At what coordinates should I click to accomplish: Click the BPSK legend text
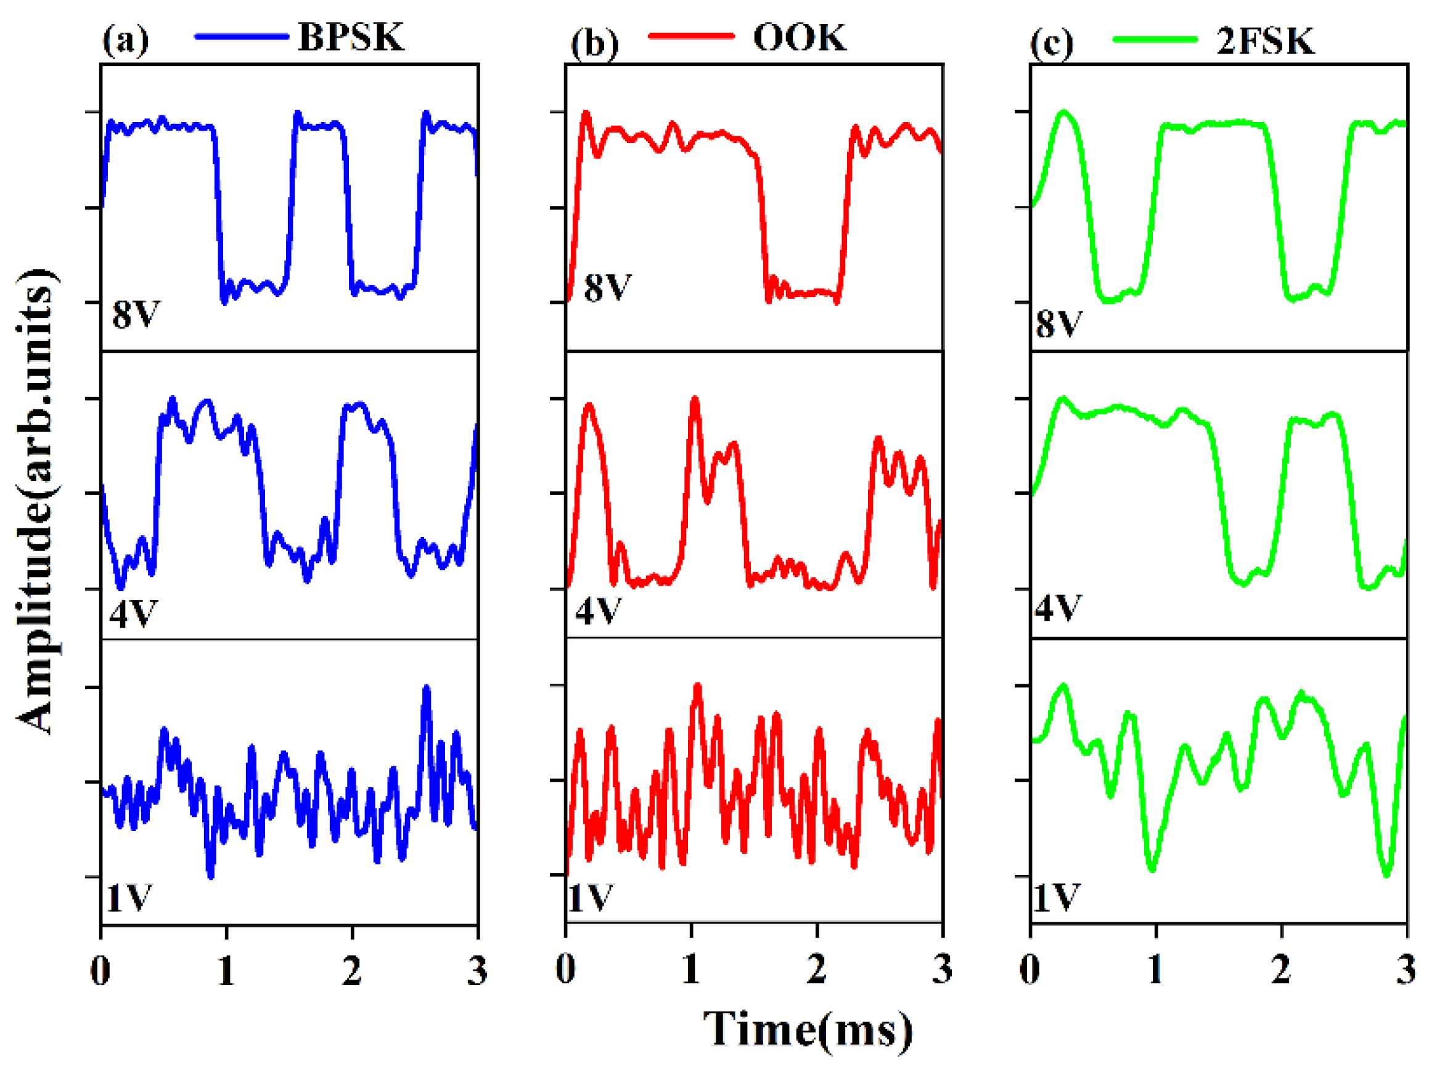(x=351, y=37)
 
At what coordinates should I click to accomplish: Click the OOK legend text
(x=799, y=37)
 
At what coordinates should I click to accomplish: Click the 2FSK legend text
(x=1265, y=41)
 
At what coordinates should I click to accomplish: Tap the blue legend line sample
(x=241, y=37)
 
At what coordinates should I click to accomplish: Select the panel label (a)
(x=126, y=40)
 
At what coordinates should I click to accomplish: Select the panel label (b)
(x=594, y=44)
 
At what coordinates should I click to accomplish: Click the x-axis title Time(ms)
(x=808, y=1028)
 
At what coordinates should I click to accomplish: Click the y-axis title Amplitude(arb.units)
(x=36, y=501)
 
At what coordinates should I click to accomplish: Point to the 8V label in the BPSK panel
(x=135, y=314)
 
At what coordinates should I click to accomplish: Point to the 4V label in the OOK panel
(x=598, y=610)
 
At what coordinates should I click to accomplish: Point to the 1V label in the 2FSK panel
(x=1056, y=898)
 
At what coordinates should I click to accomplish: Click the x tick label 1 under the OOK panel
(x=690, y=970)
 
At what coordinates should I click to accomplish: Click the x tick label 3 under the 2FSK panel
(x=1406, y=970)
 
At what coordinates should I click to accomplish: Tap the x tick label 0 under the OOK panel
(x=565, y=970)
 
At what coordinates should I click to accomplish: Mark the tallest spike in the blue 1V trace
(x=426, y=690)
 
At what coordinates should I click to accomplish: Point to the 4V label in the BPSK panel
(x=133, y=612)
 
